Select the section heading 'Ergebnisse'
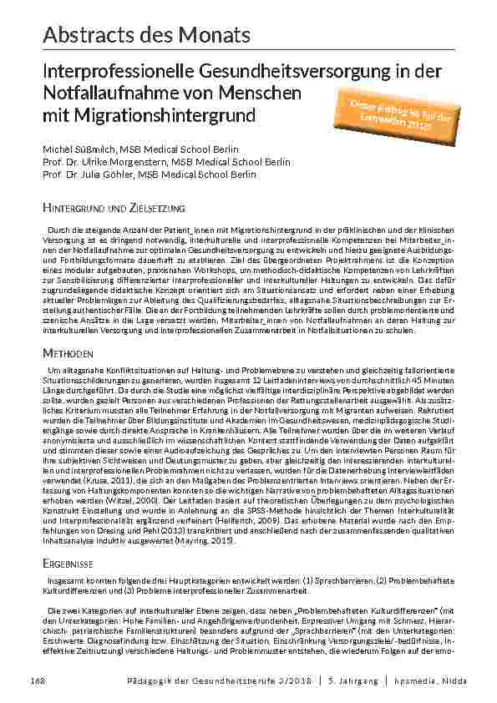coord(68,540)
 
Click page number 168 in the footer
coord(38,680)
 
